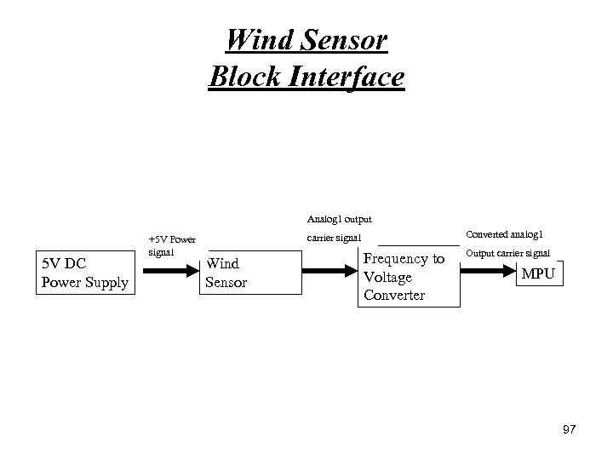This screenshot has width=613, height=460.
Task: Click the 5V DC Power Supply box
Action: [x=84, y=273]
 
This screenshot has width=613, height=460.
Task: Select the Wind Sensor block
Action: [x=253, y=273]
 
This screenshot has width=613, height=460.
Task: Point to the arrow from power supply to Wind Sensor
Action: [x=170, y=273]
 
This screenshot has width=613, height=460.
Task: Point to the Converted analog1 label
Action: [x=506, y=234]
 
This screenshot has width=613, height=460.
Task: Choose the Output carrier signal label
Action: [x=507, y=253]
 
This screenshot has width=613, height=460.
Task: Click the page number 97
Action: [x=569, y=429]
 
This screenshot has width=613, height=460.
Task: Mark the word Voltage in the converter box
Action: [x=387, y=277]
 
